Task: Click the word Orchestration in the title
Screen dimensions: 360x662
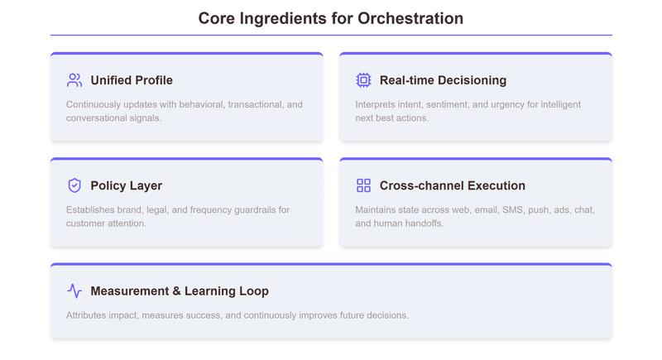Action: tap(410, 18)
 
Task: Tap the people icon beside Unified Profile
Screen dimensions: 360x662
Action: tap(74, 80)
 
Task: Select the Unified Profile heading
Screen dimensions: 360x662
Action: tap(132, 80)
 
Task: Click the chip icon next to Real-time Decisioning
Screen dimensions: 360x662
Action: tap(363, 80)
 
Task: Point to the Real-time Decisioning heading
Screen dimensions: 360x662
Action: tap(443, 80)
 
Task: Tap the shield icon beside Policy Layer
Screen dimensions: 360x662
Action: tap(74, 185)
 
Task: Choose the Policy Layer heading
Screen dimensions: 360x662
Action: tap(126, 185)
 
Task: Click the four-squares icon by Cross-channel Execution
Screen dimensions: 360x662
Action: tap(363, 185)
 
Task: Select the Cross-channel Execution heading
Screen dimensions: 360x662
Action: tap(452, 185)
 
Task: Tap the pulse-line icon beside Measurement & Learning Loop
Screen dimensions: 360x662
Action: tap(74, 291)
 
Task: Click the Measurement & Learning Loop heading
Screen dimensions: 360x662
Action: tap(180, 291)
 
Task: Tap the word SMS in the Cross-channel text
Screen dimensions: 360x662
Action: tap(514, 210)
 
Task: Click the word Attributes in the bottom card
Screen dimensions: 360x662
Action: tap(88, 315)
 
